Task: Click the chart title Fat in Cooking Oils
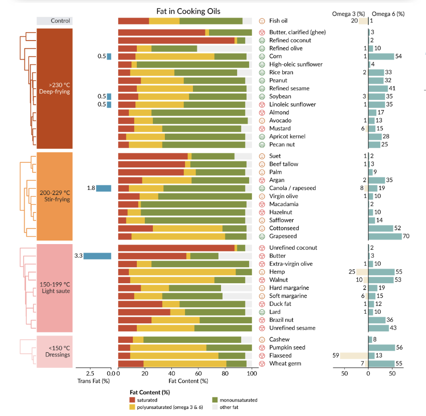click(x=188, y=11)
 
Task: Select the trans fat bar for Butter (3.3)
click(x=97, y=256)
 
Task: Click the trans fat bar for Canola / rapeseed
click(x=104, y=188)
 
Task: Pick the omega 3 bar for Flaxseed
click(x=354, y=355)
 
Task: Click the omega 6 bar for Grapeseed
click(x=385, y=236)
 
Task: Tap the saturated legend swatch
click(x=133, y=400)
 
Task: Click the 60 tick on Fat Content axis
click(x=198, y=373)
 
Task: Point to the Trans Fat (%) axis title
click(x=93, y=381)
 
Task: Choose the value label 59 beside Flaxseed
click(x=336, y=355)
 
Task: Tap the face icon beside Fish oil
click(x=262, y=21)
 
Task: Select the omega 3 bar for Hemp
click(x=362, y=272)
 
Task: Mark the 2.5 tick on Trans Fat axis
click(x=91, y=373)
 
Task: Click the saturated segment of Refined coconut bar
click(x=176, y=40)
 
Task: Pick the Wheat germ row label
click(x=284, y=363)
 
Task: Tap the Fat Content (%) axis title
click(x=186, y=381)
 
